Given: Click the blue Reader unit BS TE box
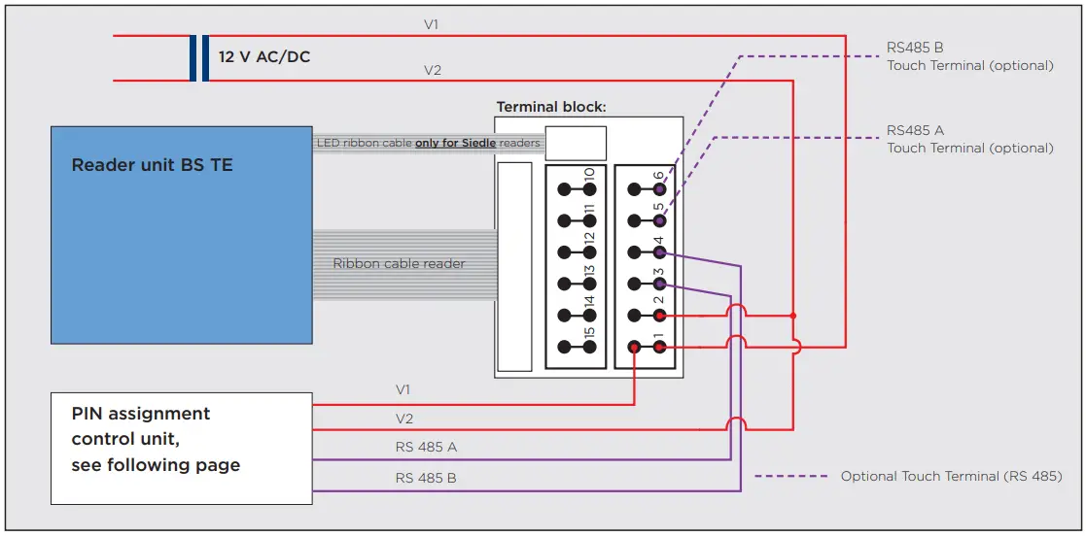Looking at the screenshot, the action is tap(182, 235).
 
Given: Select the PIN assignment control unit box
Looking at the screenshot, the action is tap(182, 449).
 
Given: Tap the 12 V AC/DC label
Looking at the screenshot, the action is tap(264, 57).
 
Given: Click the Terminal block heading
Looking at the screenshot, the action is tap(551, 107).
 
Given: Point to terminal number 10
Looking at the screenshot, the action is tap(589, 175).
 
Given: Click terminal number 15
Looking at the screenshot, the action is tap(589, 333).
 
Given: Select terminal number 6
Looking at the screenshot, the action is tap(658, 177).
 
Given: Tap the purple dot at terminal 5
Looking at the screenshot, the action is tap(659, 220).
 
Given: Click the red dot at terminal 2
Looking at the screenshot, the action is tap(659, 316).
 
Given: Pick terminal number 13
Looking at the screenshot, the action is tap(589, 271).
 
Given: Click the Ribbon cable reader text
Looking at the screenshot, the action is tap(399, 264).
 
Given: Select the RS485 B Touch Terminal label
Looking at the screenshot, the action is tap(969, 56).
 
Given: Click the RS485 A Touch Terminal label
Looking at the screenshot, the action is tap(969, 139).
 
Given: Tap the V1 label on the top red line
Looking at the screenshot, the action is tap(432, 25).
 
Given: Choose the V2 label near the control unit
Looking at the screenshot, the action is tap(404, 419).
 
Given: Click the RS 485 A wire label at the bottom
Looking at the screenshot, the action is tap(426, 447).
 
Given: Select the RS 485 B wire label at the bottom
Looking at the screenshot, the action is tap(426, 478).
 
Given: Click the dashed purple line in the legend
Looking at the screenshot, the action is tap(791, 476).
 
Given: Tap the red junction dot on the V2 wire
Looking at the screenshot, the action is tap(793, 316).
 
